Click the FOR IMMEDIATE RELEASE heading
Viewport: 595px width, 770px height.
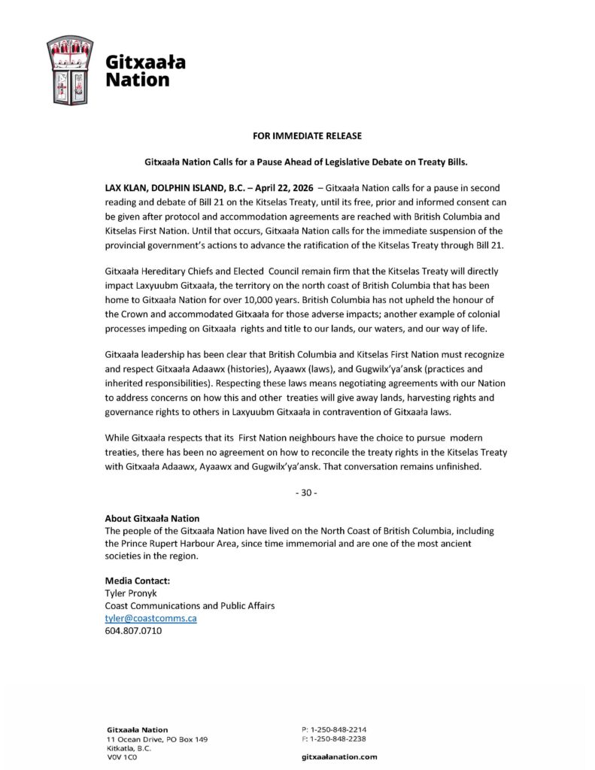(x=296, y=136)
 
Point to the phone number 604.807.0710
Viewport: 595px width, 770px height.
(x=133, y=631)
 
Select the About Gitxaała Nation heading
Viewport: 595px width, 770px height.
(x=152, y=518)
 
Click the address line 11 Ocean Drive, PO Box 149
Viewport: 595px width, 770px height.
(x=157, y=739)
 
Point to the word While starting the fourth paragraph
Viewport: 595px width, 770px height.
(x=118, y=436)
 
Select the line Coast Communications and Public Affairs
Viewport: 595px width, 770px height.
(x=190, y=606)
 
